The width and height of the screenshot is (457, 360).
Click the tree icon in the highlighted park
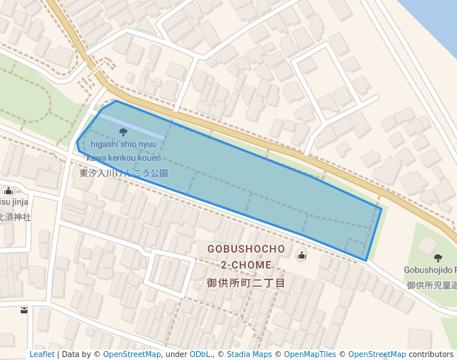point(123,132)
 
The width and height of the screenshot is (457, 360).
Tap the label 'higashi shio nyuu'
point(124,144)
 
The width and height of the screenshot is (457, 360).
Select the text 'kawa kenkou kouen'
point(123,158)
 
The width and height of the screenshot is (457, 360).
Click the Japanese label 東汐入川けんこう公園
point(124,173)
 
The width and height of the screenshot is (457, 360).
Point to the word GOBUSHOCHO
point(246,249)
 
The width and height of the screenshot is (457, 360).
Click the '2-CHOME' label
point(246,265)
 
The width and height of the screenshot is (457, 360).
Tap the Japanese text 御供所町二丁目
point(246,283)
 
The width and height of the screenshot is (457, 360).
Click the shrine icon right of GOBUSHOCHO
point(301,256)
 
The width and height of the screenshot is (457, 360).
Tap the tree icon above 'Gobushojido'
point(438,258)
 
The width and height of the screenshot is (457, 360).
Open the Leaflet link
point(41,355)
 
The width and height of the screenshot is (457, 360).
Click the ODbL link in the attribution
point(200,355)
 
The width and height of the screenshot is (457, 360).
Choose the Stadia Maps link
point(247,355)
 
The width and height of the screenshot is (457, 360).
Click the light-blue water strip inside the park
point(131,126)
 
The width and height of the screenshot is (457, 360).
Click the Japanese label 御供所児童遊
point(431,285)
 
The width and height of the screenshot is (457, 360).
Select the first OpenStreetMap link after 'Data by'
point(132,355)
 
